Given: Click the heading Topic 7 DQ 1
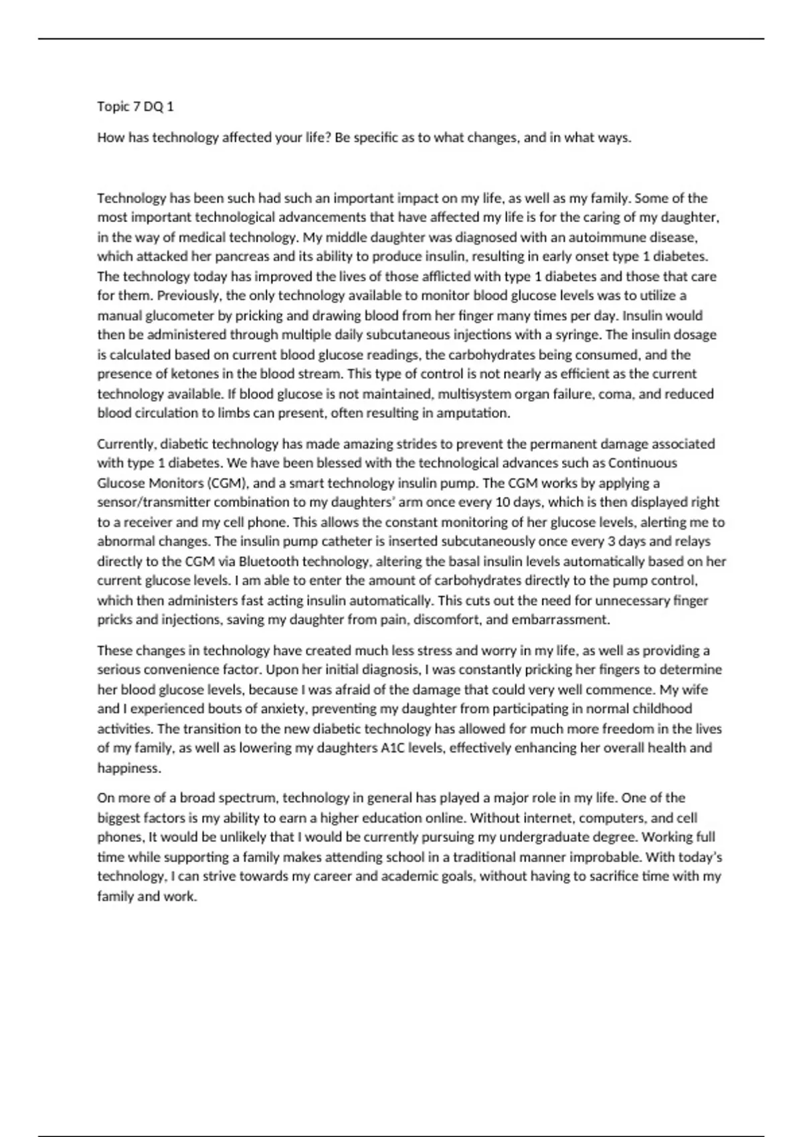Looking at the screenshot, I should tap(135, 106).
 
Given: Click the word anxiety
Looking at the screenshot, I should tap(280, 708).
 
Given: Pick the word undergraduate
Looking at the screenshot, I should tap(561, 837).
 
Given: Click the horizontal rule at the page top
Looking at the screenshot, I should tap(401, 39).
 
